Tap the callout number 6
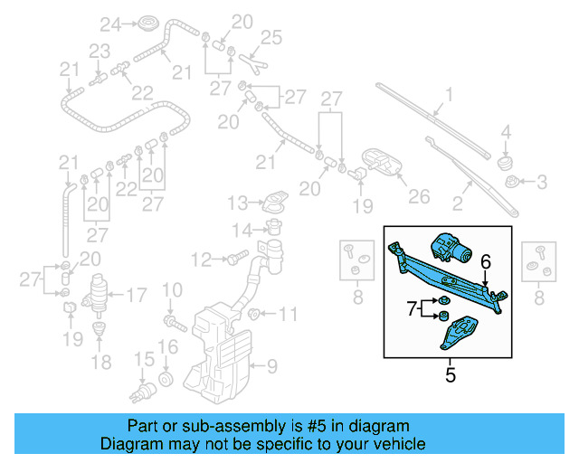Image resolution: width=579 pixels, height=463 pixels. coord(485,261)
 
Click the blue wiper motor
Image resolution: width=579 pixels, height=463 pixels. coord(450,246)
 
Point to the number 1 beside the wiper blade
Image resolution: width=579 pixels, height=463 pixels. coord(449,94)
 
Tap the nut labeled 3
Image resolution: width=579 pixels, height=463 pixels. coord(514,184)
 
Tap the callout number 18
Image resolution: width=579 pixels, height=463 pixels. coord(100,363)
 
